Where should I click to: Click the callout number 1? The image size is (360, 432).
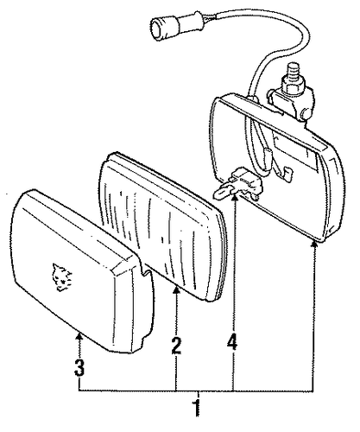[x=197, y=408]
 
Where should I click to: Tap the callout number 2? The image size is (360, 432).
[x=176, y=346]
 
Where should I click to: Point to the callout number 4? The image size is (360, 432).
[x=232, y=342]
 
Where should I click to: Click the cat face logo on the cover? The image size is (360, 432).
[x=61, y=276]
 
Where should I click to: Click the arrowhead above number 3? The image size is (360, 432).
[x=79, y=335]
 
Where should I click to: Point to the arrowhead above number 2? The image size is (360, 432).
[x=176, y=290]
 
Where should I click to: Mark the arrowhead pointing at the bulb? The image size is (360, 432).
[x=235, y=198]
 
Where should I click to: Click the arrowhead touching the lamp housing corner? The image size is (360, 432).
[x=314, y=245]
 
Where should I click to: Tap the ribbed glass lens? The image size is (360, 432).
[x=162, y=227]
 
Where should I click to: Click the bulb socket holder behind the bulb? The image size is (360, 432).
[x=247, y=182]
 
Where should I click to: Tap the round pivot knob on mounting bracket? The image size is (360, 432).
[x=306, y=115]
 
